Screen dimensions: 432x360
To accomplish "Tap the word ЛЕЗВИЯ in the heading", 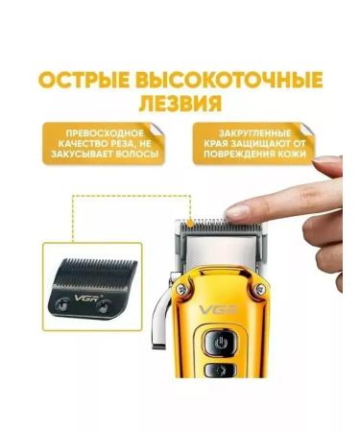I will pyautogui.click(x=179, y=101).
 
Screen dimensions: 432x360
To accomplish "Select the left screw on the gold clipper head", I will pyautogui.click(x=181, y=284).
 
